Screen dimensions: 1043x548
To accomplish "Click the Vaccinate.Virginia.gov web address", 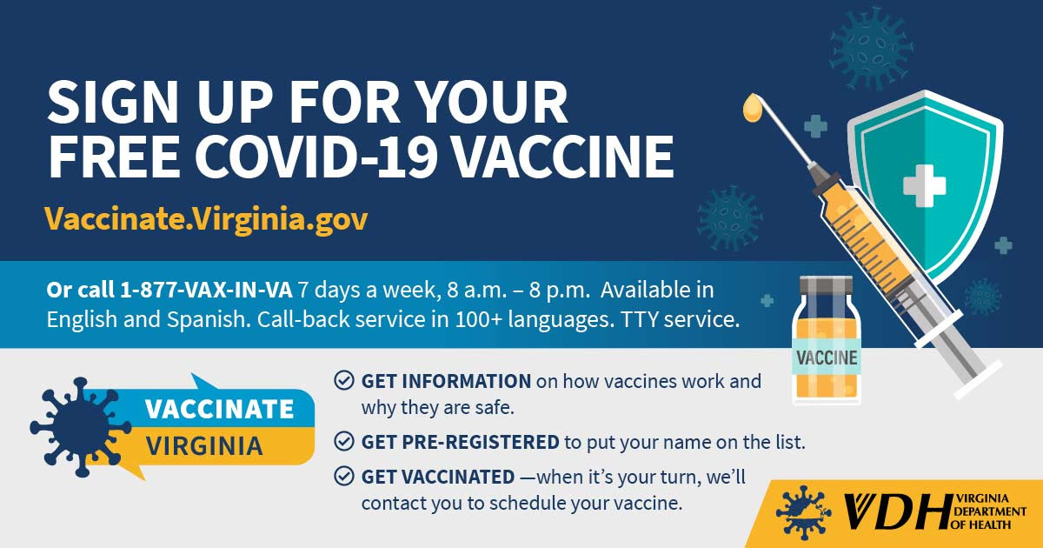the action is (x=206, y=219).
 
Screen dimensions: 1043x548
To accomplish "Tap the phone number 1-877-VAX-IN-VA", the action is (x=206, y=290).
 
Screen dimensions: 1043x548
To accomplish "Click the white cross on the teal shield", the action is (x=924, y=185).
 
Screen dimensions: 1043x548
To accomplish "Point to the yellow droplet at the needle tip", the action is (x=752, y=108).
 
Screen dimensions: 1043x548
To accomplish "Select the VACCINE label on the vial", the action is (x=827, y=358).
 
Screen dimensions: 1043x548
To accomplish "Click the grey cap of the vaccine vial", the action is (x=826, y=285).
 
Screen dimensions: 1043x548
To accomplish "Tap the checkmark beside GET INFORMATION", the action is (x=343, y=380).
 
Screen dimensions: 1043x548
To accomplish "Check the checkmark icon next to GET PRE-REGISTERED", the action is (x=343, y=441).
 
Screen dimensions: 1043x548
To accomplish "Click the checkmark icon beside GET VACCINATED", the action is (x=343, y=477).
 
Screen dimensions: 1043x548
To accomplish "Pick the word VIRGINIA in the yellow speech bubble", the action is (x=204, y=446).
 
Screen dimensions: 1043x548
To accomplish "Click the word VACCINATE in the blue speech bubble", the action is (x=219, y=409).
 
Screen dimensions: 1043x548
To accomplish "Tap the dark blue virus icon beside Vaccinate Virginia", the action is (x=80, y=427).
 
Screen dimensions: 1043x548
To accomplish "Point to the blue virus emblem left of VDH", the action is (x=803, y=512).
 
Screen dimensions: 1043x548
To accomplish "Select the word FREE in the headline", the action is (x=114, y=155).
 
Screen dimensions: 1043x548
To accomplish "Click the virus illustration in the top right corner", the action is (x=871, y=49).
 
